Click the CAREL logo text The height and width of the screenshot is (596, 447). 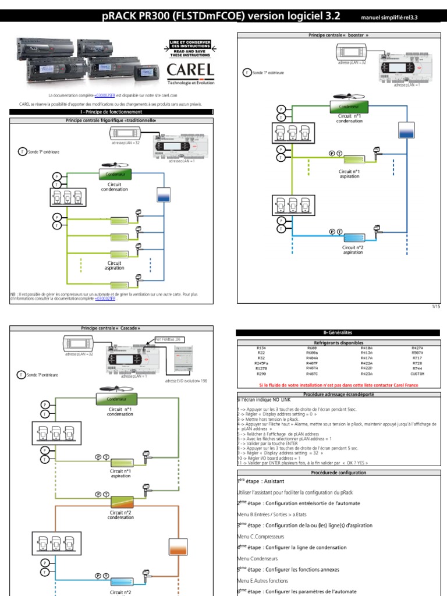point(190,70)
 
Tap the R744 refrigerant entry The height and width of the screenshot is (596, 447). point(417,368)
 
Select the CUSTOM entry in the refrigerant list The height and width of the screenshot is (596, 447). point(416,374)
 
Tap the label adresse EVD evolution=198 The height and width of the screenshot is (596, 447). point(186,381)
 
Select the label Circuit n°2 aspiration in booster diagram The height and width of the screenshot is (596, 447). point(353,250)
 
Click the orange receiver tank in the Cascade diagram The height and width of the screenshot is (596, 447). point(176,547)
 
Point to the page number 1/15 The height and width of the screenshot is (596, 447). point(436,306)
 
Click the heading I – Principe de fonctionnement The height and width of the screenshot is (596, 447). point(111,112)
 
